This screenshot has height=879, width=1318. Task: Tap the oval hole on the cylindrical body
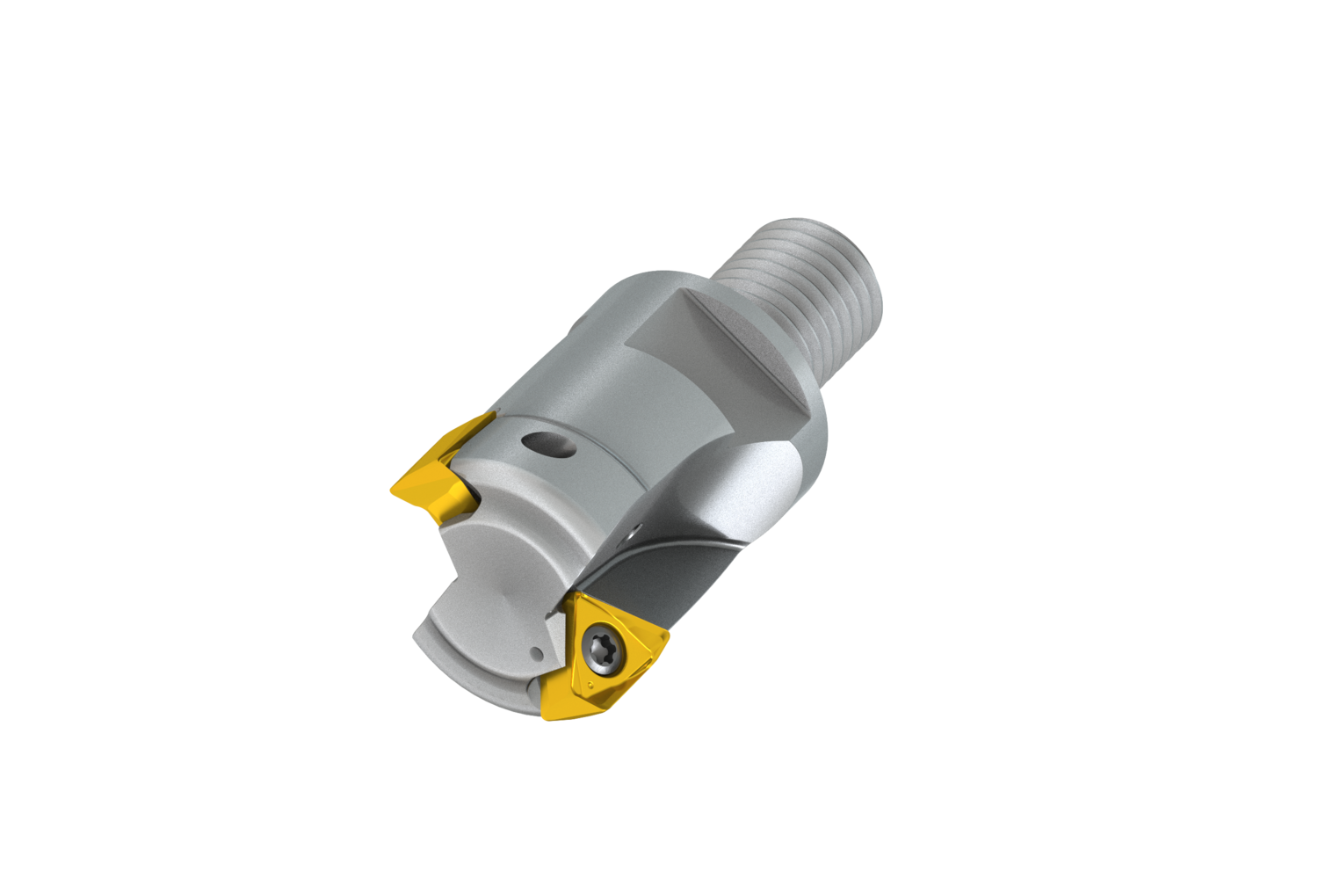click(x=546, y=444)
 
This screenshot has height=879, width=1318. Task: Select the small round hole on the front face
click(x=535, y=653)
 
